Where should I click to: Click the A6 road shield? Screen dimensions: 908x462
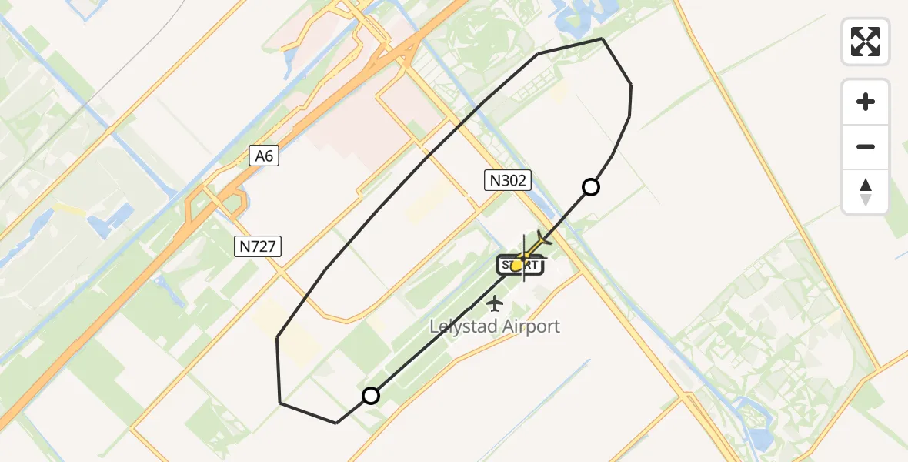(x=264, y=156)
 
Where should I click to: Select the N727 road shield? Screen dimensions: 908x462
(x=259, y=246)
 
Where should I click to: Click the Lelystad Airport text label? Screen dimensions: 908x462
(x=495, y=326)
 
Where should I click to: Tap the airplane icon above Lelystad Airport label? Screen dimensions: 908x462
(x=494, y=303)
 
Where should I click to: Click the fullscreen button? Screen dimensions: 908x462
(x=866, y=42)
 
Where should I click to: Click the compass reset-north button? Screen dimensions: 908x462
(x=866, y=192)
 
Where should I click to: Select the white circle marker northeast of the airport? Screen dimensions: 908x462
(x=591, y=186)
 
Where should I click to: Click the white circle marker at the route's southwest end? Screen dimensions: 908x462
(x=371, y=396)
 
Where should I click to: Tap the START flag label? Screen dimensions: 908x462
(x=522, y=266)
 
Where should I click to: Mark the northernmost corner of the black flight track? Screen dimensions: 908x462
(x=602, y=38)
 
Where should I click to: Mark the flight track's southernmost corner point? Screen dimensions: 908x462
(x=336, y=423)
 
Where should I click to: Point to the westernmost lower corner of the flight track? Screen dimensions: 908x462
(x=280, y=403)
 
